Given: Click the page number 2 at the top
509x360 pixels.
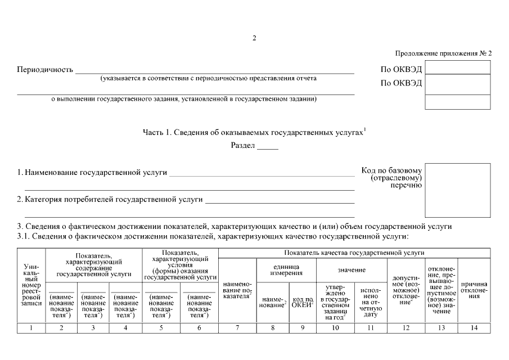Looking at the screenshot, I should click(x=254, y=38).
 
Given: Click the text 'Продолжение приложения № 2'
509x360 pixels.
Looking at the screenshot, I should click(x=443, y=53).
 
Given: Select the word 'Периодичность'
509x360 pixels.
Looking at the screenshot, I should click(x=46, y=70).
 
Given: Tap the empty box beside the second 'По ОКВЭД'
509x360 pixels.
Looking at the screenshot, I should click(x=457, y=84).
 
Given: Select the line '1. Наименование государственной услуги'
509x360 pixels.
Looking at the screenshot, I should click(x=93, y=173).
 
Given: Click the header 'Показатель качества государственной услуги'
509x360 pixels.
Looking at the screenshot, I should click(x=354, y=253).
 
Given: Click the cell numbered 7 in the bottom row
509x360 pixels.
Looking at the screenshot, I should click(x=237, y=327).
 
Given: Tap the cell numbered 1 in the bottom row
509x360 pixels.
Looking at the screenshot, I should click(x=31, y=327).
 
